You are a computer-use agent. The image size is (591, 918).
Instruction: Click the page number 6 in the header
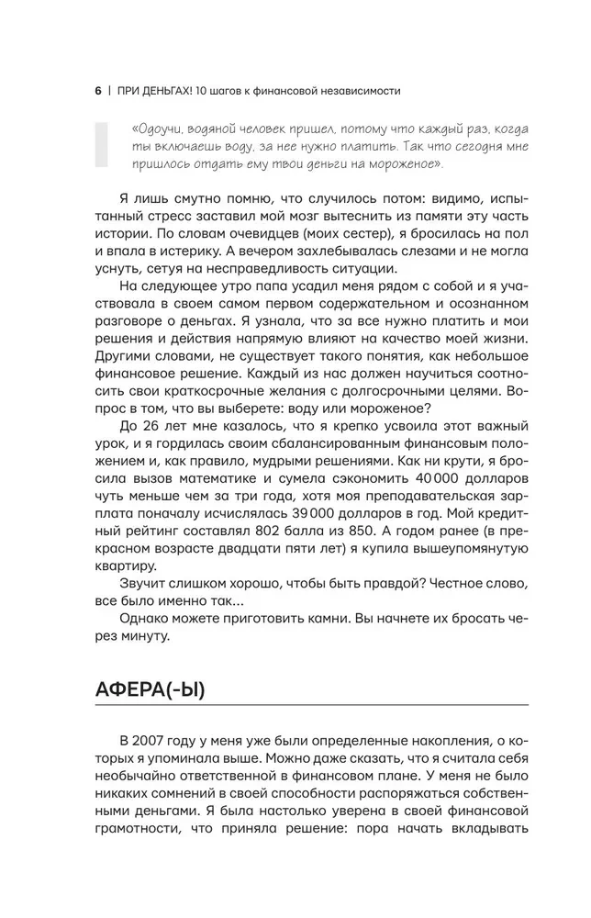(97, 91)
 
